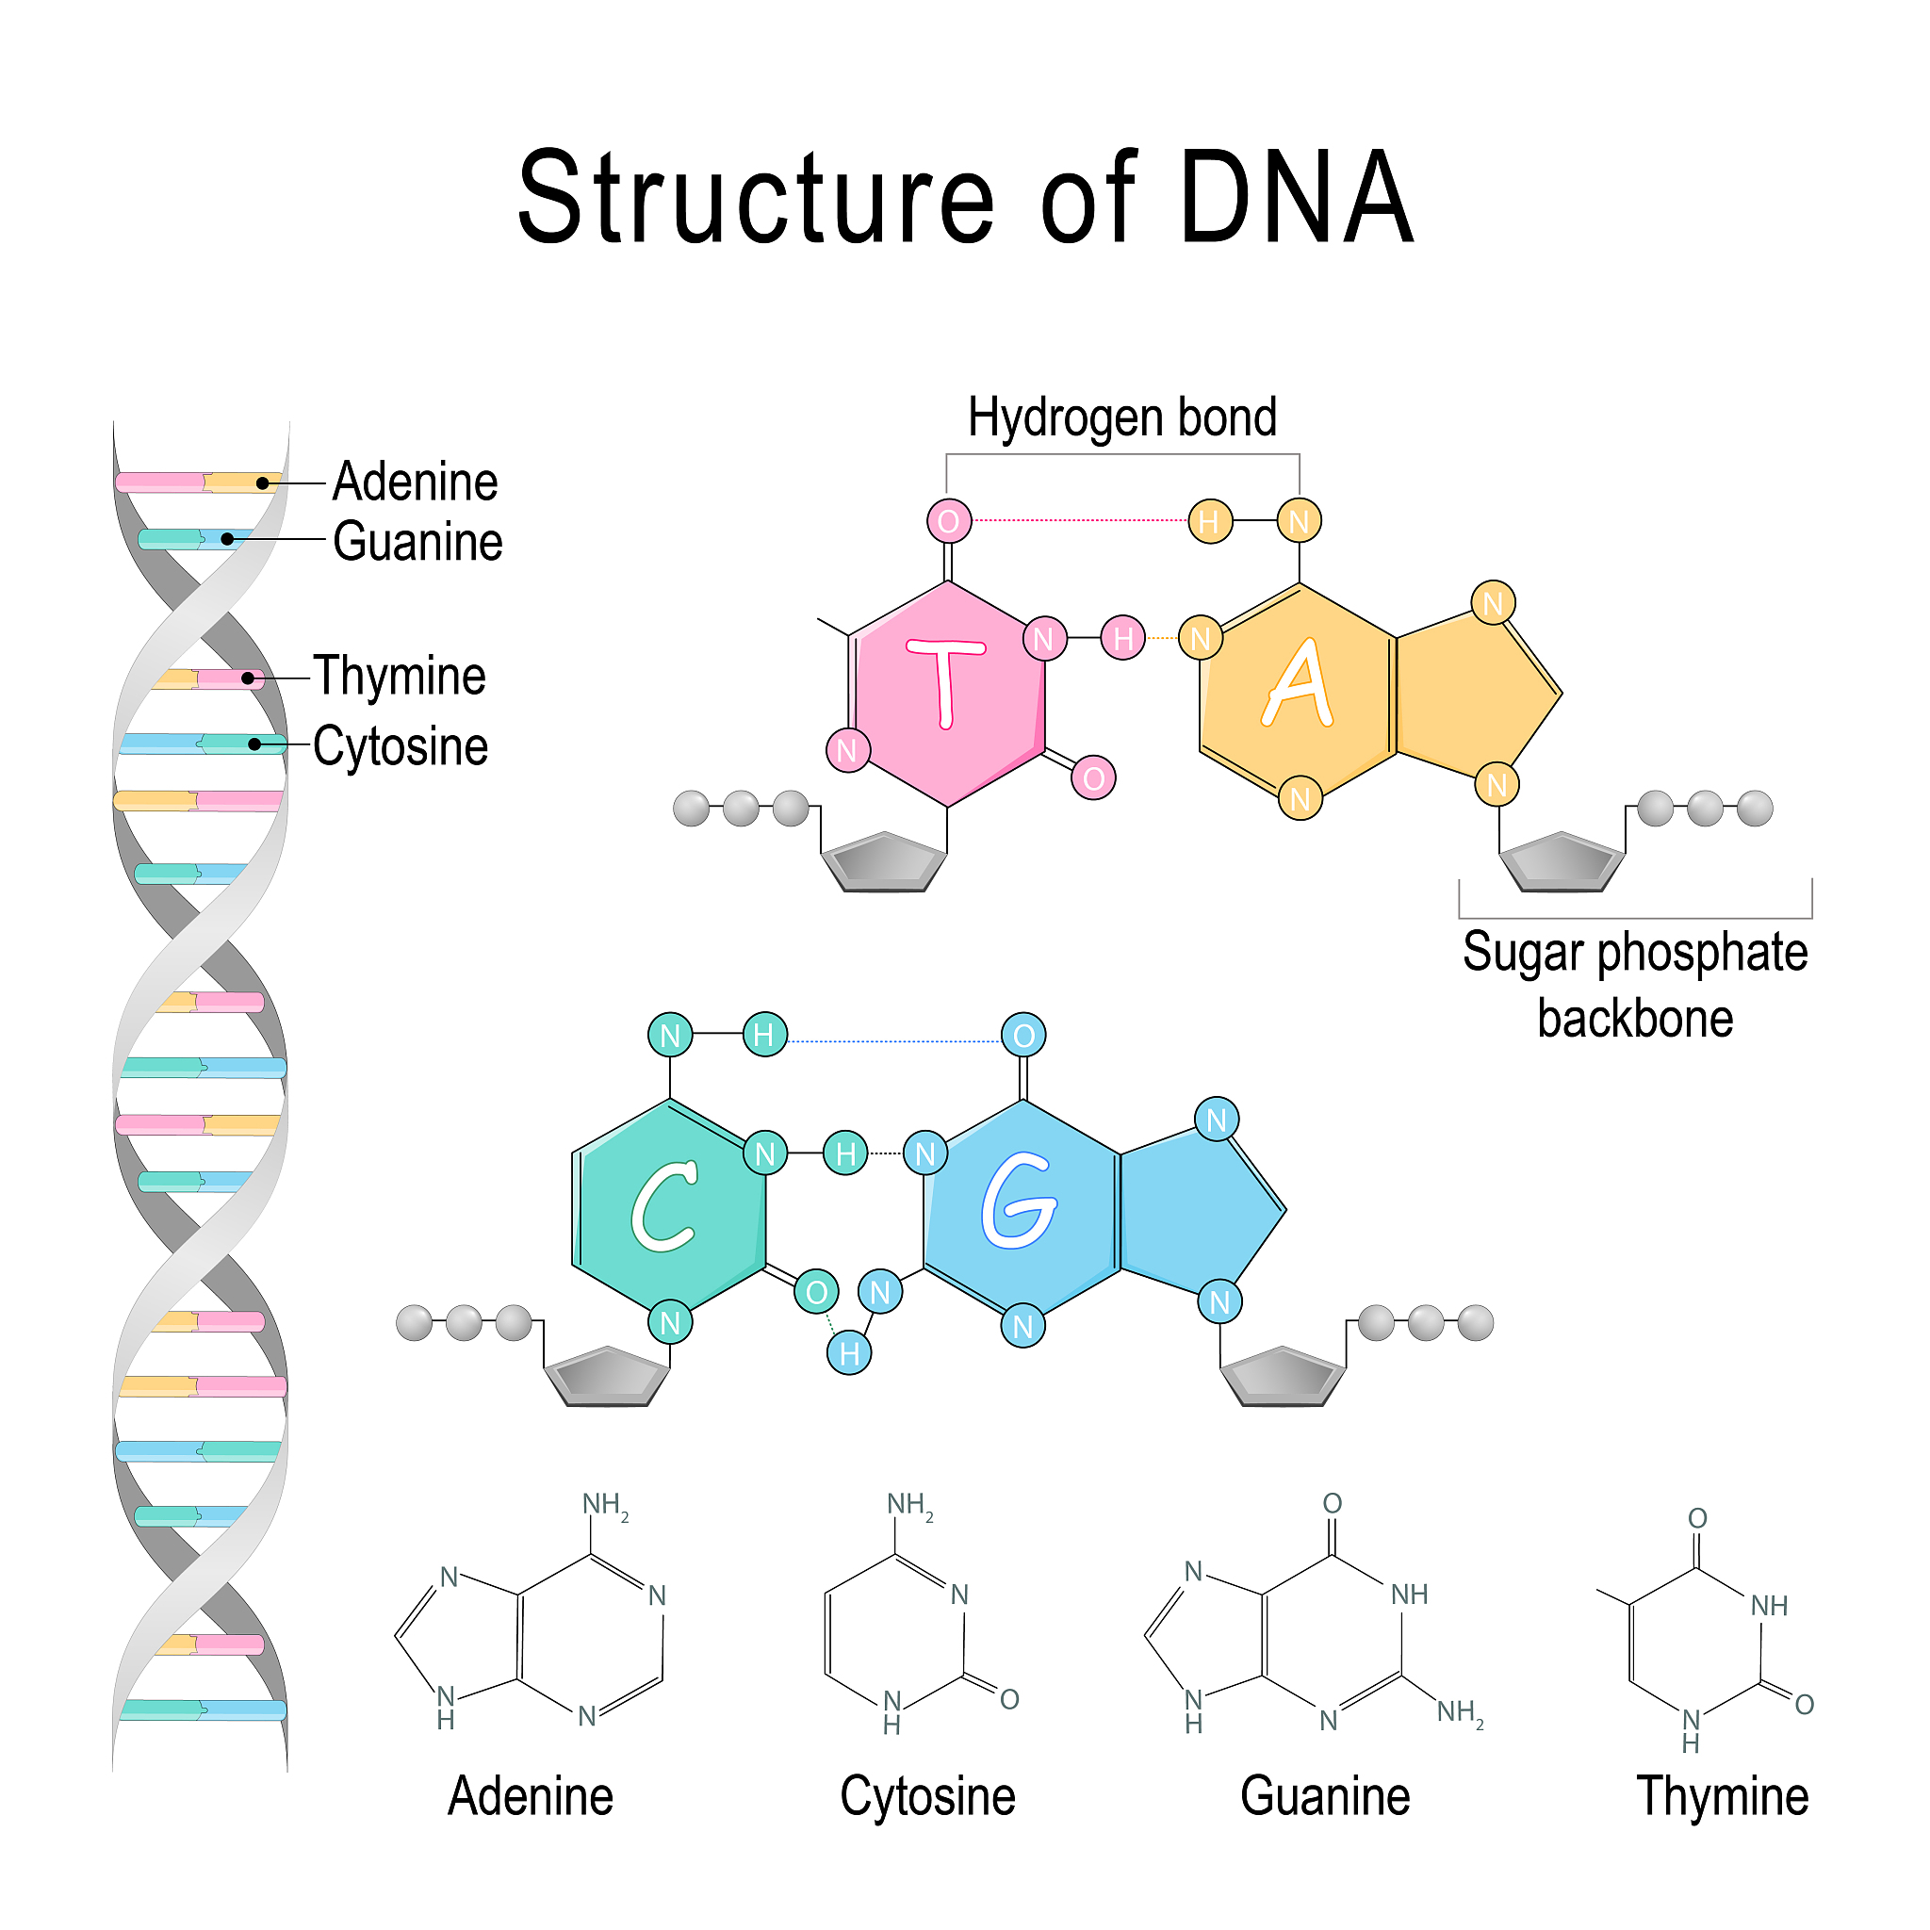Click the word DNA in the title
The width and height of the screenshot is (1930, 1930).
point(1296,197)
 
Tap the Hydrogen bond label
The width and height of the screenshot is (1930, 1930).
point(1121,417)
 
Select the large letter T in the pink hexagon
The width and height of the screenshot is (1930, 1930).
point(946,682)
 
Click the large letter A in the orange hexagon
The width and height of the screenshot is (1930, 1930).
point(1298,684)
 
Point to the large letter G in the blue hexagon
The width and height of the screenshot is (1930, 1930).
point(1018,1200)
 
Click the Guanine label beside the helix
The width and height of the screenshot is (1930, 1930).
point(417,543)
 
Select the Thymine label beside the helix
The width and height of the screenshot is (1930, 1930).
point(400,677)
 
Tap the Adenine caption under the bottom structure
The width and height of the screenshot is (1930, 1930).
point(530,1797)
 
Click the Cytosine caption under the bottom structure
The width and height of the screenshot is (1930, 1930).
point(927,1797)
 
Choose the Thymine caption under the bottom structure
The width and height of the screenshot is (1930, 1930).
point(1723,1797)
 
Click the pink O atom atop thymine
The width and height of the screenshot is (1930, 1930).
point(949,520)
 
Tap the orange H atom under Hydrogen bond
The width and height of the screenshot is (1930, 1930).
point(1210,520)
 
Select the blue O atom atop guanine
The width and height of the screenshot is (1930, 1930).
point(1024,1035)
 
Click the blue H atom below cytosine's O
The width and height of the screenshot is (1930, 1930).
point(849,1353)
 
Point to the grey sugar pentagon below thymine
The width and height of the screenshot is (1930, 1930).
point(883,861)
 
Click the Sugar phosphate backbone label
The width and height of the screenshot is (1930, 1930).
point(1635,985)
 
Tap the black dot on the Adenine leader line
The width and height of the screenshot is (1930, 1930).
point(263,483)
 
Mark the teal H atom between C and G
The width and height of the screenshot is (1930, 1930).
point(845,1153)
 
